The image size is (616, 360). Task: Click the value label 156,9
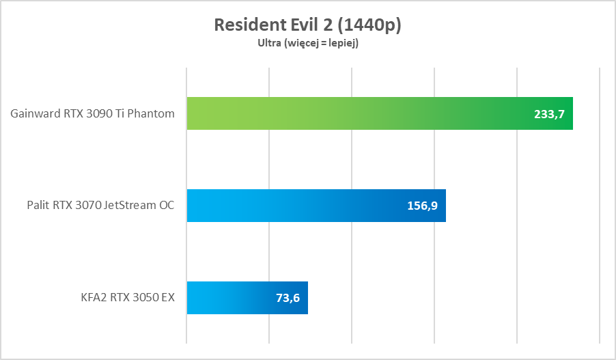pyautogui.click(x=422, y=206)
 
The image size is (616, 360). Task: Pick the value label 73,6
pyautogui.click(x=288, y=299)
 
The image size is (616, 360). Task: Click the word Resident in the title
pyautogui.click(x=247, y=25)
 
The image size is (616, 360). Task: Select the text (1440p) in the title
pyautogui.click(x=369, y=25)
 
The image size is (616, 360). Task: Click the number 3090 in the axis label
pyautogui.click(x=95, y=113)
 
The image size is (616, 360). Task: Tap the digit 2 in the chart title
pyautogui.click(x=327, y=25)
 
